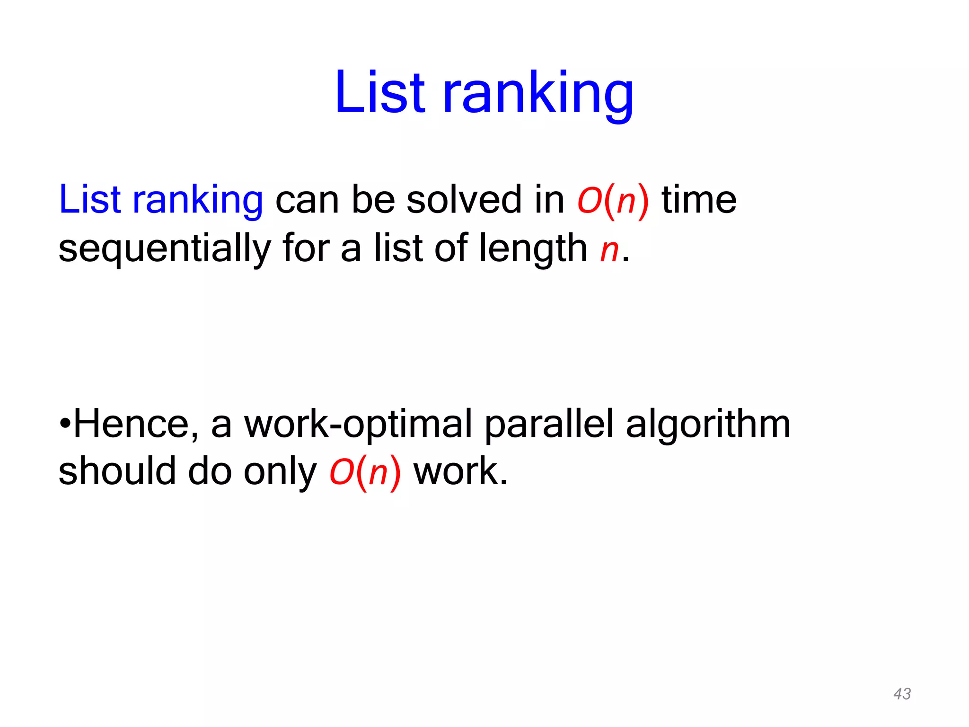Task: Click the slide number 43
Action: point(902,694)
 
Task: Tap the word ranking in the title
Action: point(538,95)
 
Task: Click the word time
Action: point(699,200)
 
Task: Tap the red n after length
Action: point(609,249)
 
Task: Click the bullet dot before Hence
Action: point(65,423)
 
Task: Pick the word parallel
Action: point(549,424)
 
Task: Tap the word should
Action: point(117,471)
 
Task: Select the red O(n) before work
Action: point(365,472)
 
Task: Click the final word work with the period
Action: point(460,471)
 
